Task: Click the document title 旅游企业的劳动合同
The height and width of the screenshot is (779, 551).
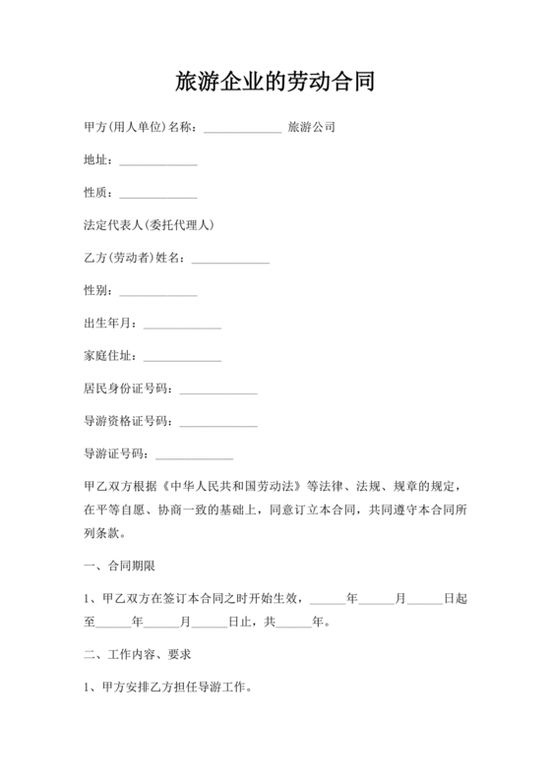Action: [x=275, y=82]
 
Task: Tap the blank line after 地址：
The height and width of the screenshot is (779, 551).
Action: [x=157, y=161]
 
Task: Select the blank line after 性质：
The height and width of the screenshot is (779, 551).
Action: [x=157, y=194]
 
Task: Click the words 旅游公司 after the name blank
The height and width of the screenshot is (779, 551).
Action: [x=312, y=128]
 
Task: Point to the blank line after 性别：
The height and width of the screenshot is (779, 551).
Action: [x=157, y=291]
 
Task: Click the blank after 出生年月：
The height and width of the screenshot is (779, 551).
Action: [x=182, y=324]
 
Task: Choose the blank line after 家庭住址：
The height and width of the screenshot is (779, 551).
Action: [x=182, y=356]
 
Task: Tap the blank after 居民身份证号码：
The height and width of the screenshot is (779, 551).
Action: [x=218, y=389]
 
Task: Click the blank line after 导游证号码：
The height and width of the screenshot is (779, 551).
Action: [x=195, y=454]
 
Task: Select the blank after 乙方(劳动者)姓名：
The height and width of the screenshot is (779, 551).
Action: [x=230, y=259]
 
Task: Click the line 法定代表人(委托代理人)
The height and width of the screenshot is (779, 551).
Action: [x=149, y=225]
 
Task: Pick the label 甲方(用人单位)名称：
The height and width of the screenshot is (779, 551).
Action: [x=142, y=128]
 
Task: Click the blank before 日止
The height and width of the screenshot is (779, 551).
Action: [x=209, y=623]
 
